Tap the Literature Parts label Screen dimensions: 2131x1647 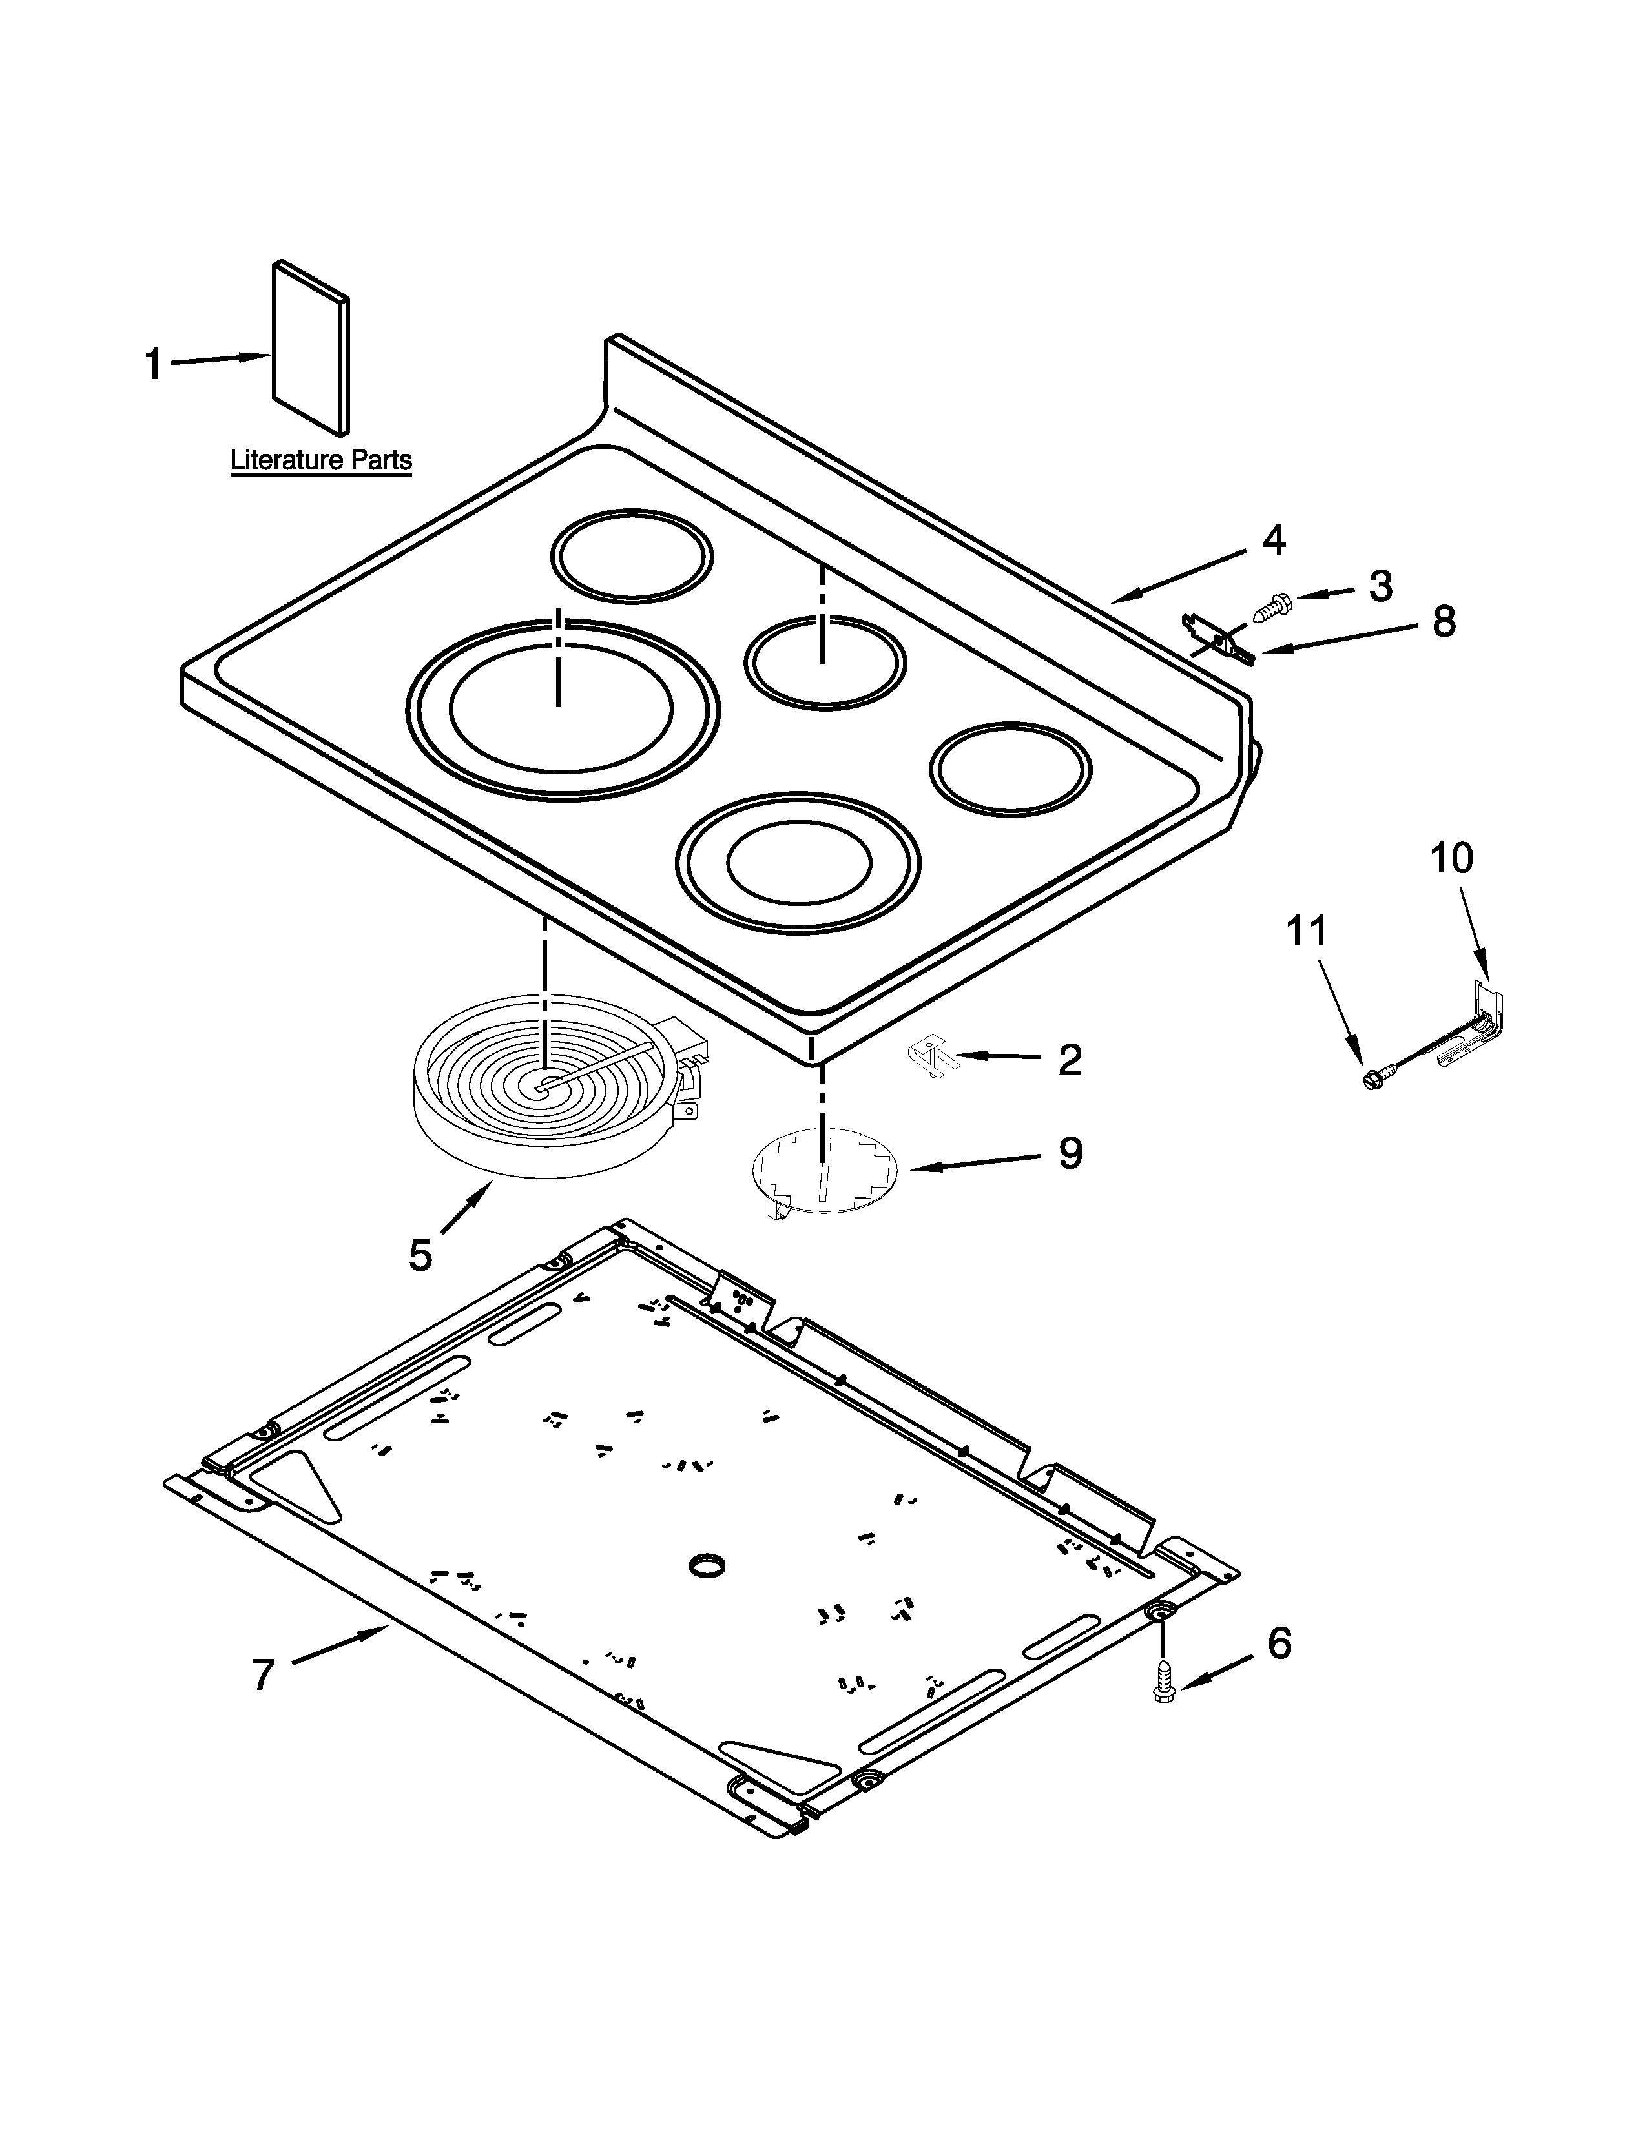coord(321,460)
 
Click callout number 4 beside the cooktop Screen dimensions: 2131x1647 coord(1273,540)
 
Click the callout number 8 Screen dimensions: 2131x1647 coord(1443,621)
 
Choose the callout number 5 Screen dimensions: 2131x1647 coord(420,1255)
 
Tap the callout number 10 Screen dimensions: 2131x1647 coord(1451,859)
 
